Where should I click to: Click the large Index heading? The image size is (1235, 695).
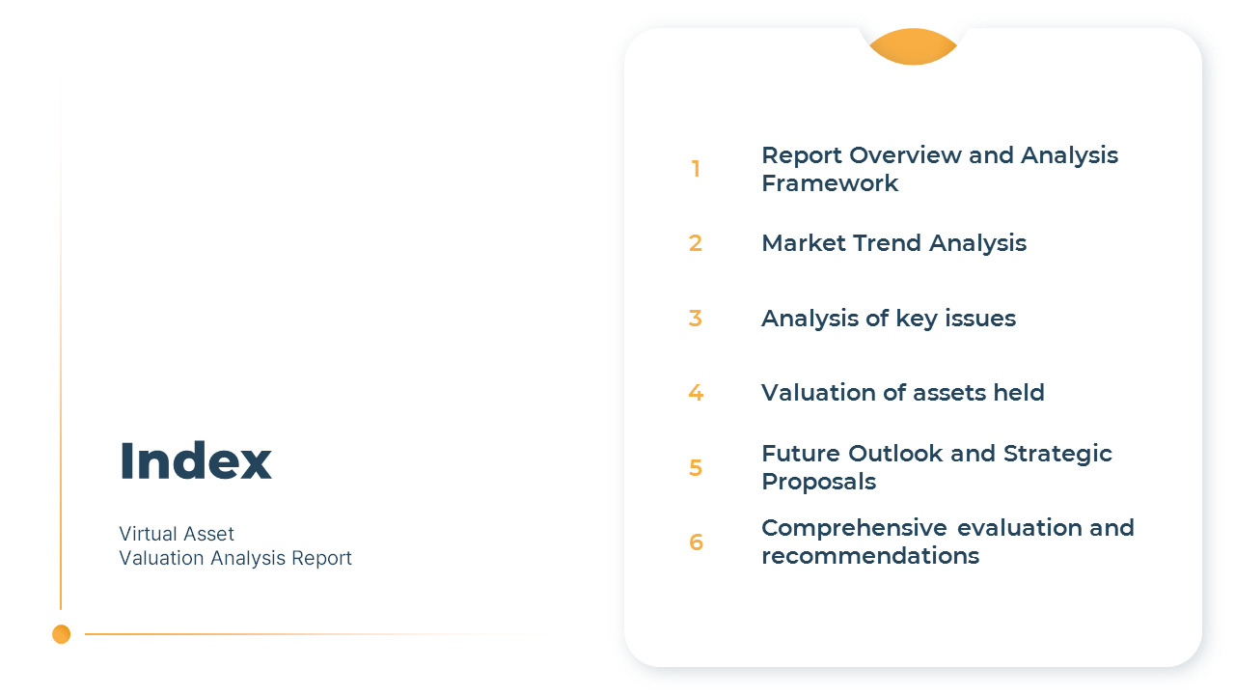click(195, 460)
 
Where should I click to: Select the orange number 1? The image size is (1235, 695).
click(695, 169)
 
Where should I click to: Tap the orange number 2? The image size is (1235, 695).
click(695, 243)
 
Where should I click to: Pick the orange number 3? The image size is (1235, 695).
click(695, 319)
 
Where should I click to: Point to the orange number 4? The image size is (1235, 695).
click(695, 393)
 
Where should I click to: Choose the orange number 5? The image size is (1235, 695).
click(695, 468)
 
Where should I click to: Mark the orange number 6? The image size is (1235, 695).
click(695, 542)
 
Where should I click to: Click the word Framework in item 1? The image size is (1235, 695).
click(830, 183)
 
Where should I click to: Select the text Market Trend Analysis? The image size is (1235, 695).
click(893, 243)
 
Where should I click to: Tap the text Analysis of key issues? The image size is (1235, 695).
click(888, 319)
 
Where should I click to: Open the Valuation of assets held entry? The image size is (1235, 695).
click(902, 393)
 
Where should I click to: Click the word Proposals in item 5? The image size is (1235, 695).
click(818, 482)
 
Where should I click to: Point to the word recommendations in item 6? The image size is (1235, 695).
click(869, 556)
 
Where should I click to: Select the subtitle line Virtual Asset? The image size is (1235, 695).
click(177, 534)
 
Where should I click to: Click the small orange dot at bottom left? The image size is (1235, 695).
click(62, 634)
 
